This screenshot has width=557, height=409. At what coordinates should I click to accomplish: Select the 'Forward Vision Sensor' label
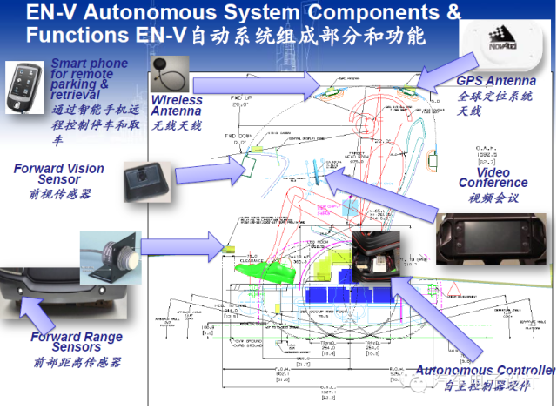coord(58,174)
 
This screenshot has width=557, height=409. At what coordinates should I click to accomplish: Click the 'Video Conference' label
coord(493,177)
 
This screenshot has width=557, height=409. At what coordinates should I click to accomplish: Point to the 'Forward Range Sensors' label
coord(77,342)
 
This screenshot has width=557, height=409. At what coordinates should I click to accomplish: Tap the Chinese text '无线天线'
coord(176,126)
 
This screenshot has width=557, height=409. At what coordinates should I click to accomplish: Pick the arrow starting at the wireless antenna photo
coord(252,84)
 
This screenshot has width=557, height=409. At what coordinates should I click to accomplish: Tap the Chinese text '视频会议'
coord(493,198)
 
